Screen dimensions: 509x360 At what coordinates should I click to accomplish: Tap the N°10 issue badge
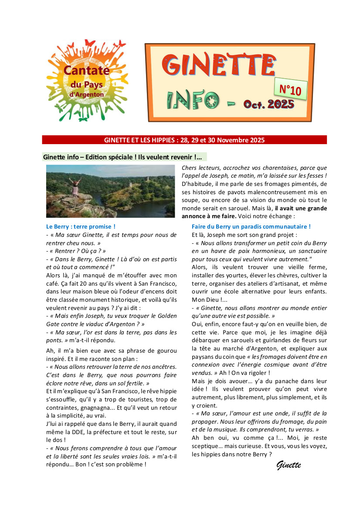coord(290,90)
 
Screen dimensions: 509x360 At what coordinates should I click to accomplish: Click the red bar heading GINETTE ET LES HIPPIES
coord(184,140)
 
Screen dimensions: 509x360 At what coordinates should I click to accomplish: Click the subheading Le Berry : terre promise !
coord(81,226)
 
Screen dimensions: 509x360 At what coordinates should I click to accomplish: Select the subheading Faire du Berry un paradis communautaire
coord(251,226)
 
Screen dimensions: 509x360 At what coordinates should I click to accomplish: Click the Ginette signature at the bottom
coord(289,465)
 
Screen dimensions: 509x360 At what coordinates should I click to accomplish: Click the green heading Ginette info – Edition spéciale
coord(125,157)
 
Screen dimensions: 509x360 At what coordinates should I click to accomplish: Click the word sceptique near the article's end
coord(206,446)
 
